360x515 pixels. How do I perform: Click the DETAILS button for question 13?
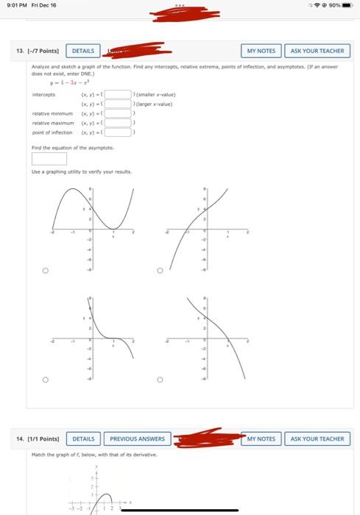click(x=83, y=51)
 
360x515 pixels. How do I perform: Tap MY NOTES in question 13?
click(x=261, y=51)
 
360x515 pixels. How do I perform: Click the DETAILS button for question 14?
click(x=83, y=438)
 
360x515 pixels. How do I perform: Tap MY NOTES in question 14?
click(x=261, y=438)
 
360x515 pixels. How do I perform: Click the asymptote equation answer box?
click(x=49, y=158)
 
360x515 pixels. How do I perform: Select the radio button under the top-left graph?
click(x=45, y=271)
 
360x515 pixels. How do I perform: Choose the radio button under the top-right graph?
click(x=159, y=271)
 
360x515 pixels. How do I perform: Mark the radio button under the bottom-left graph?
click(x=45, y=380)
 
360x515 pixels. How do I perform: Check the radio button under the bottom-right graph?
click(x=159, y=380)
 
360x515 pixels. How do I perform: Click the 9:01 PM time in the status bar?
click(x=13, y=5)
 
